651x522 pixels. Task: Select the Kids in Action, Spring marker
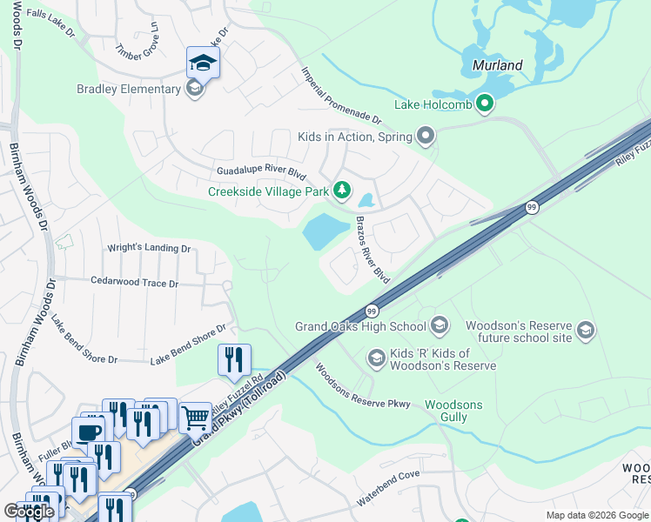426,137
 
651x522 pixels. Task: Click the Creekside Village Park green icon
343,191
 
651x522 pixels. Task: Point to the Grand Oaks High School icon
440,326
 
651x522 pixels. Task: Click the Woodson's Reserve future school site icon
586,331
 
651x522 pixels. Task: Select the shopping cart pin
195,417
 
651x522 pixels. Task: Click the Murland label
497,65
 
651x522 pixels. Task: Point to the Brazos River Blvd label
372,250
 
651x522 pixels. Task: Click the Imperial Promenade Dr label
341,94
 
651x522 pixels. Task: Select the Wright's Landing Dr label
148,249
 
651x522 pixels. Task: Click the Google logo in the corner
29,512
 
